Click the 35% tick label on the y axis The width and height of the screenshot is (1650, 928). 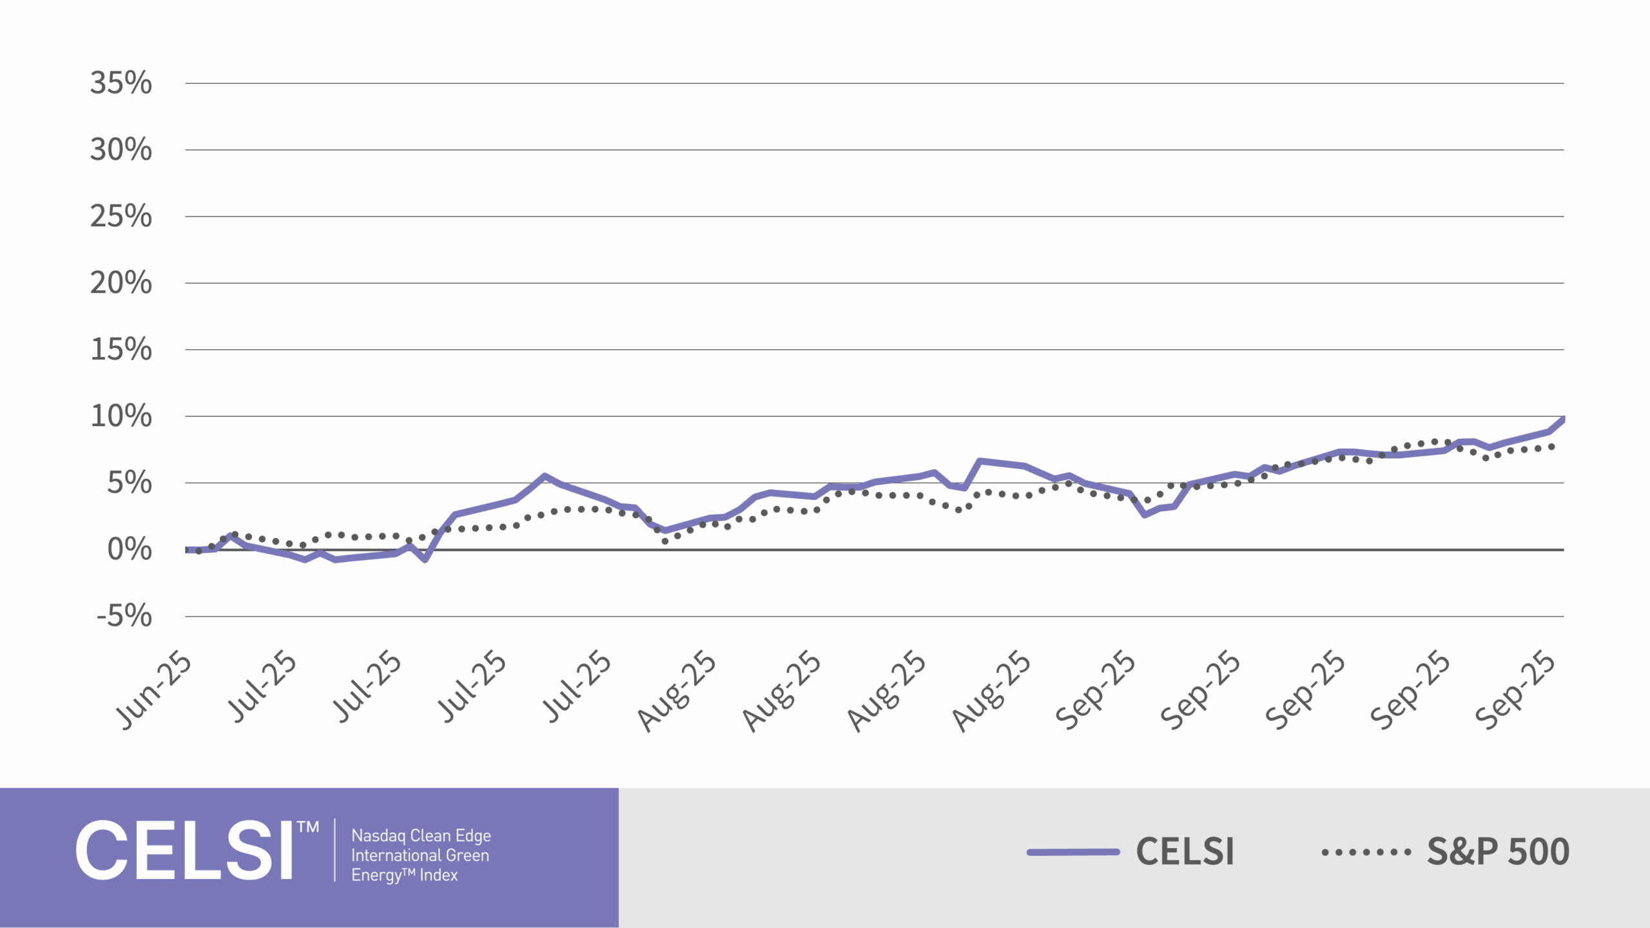(121, 83)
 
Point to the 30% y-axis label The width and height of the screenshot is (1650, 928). (121, 150)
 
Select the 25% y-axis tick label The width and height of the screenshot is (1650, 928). (121, 217)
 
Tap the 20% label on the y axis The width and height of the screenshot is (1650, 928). (121, 283)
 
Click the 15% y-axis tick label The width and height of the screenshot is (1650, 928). (121, 349)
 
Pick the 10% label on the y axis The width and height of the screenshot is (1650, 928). (121, 416)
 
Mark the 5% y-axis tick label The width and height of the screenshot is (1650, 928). (130, 483)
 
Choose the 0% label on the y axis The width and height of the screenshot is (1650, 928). (130, 550)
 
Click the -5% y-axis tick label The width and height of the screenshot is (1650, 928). (124, 616)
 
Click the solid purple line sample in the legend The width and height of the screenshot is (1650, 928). (1073, 852)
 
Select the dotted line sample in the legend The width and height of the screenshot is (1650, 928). (1366, 852)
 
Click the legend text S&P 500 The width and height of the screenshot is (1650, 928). (1498, 852)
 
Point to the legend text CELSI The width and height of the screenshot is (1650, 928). (1185, 852)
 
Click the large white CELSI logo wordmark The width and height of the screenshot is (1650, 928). (185, 851)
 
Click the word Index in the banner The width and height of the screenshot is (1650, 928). (438, 875)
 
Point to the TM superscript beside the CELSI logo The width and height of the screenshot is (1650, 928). (308, 827)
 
